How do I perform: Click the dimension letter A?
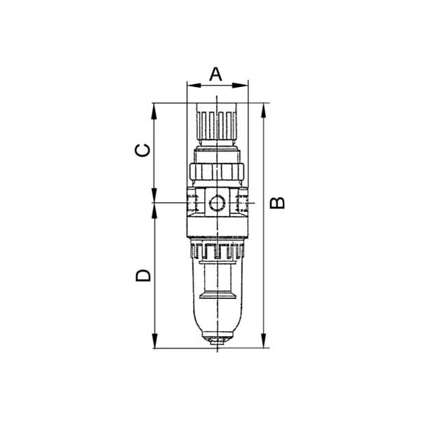(x=216, y=74)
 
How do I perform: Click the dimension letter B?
(x=277, y=203)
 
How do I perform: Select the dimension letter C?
(x=142, y=151)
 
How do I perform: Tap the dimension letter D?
(x=143, y=276)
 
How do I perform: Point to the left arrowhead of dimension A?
(x=194, y=86)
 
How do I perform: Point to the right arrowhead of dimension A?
(x=240, y=86)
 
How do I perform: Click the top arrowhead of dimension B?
(x=264, y=111)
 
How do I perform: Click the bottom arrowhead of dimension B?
(x=264, y=340)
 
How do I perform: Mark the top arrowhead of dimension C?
(x=154, y=111)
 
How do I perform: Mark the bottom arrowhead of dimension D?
(x=154, y=340)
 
